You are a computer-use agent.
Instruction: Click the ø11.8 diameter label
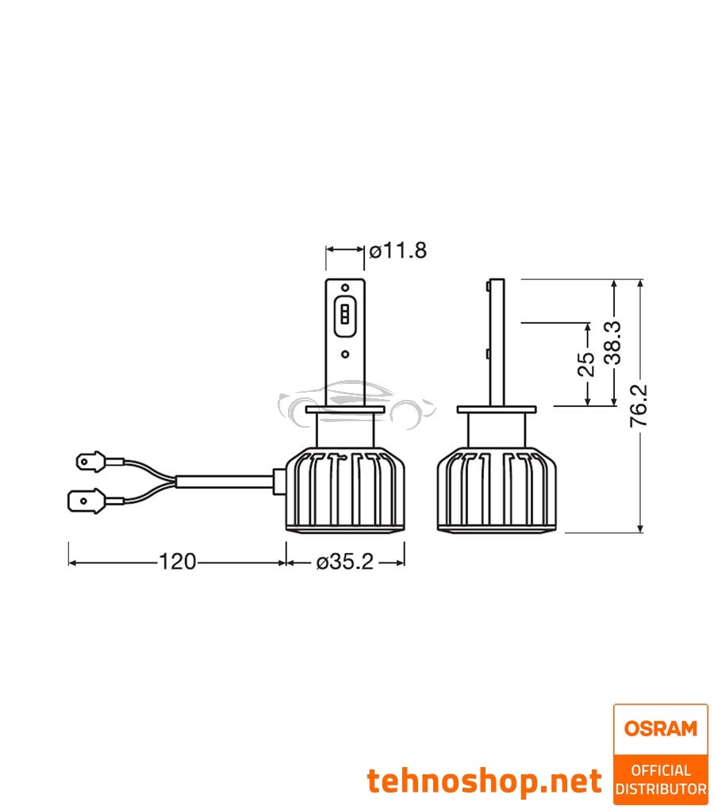(397, 251)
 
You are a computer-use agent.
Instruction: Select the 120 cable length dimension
(177, 562)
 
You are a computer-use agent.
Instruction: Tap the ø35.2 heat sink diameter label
(344, 562)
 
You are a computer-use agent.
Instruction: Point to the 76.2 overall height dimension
(639, 405)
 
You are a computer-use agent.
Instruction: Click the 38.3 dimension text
(612, 343)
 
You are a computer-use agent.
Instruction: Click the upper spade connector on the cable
(89, 460)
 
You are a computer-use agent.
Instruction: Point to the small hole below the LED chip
(345, 355)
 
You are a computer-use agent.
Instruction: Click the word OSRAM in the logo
(660, 727)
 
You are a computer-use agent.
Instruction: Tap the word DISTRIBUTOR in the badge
(661, 789)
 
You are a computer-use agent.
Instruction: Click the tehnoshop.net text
(484, 781)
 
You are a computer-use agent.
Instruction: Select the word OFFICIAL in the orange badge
(661, 770)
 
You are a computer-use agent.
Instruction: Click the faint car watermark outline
(357, 401)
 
